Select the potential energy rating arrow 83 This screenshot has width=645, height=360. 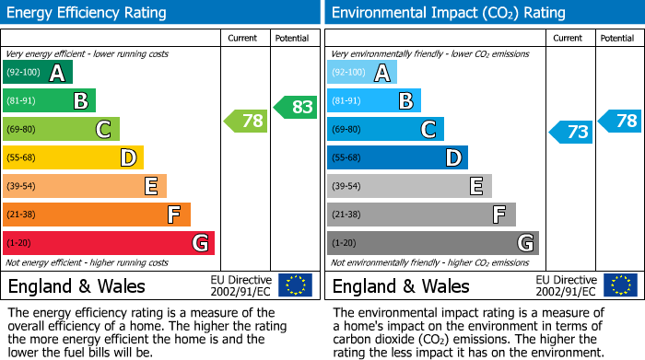click(x=295, y=107)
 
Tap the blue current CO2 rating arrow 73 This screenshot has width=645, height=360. click(x=570, y=132)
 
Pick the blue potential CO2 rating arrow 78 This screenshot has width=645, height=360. click(x=619, y=121)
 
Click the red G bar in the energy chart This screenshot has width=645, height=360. click(x=109, y=243)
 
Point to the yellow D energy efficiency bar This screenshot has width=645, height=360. click(x=73, y=157)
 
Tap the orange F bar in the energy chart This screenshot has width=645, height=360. click(x=97, y=215)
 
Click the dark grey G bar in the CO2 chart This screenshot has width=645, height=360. click(x=432, y=243)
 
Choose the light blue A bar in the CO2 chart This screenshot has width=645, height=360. click(x=362, y=73)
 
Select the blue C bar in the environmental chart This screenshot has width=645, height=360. click(x=385, y=130)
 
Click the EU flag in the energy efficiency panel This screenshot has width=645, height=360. click(x=295, y=285)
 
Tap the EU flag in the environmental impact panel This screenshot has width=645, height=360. click(x=619, y=285)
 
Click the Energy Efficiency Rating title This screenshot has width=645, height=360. click(x=88, y=13)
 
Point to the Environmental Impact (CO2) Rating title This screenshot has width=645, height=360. click(x=448, y=13)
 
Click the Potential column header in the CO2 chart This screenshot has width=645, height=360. click(x=617, y=38)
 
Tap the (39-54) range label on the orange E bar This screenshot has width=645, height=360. click(x=22, y=187)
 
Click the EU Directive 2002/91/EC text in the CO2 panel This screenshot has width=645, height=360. click(x=566, y=285)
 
